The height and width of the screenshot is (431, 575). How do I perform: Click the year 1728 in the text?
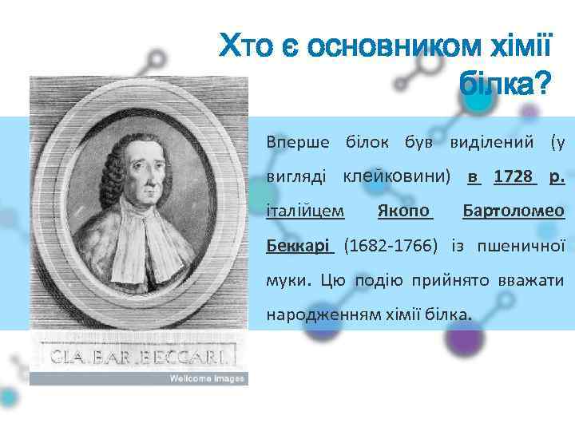(x=513, y=176)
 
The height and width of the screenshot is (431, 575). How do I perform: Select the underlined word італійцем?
(x=305, y=212)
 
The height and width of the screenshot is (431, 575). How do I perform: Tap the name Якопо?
(x=404, y=212)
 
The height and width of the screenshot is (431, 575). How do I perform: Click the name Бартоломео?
(x=514, y=212)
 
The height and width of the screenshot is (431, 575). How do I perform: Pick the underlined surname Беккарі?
(x=299, y=245)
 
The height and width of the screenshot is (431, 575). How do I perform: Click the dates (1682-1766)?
(x=391, y=245)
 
